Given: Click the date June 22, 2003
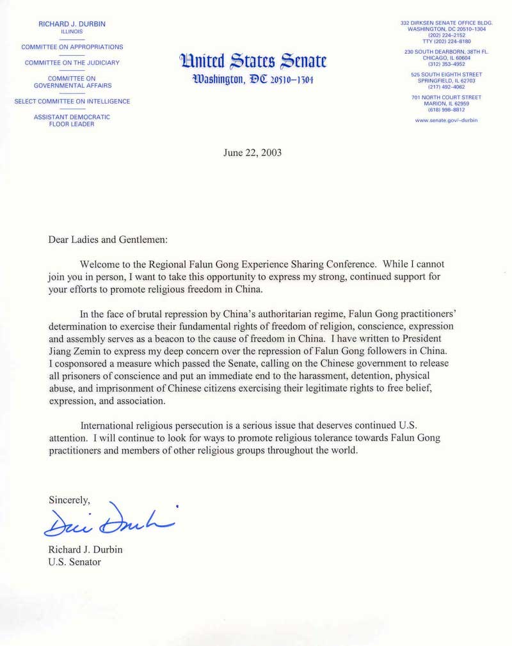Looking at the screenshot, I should (252, 153).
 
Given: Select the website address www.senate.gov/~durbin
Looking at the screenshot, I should (446, 120).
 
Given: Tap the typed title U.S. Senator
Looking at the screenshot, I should (75, 562).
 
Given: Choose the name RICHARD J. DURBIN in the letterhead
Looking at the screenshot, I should (72, 24).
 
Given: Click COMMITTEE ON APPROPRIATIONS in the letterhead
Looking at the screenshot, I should (72, 47).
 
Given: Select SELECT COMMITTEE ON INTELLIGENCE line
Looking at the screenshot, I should (72, 101).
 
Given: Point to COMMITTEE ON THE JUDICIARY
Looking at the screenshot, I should (72, 63).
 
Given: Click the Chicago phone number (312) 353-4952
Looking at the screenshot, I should (446, 64).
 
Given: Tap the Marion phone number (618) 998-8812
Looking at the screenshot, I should (446, 109).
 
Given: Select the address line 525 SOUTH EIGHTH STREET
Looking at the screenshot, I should (446, 75).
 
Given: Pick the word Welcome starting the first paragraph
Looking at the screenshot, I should (100, 264).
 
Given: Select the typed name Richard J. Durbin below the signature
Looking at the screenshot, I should (86, 549).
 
